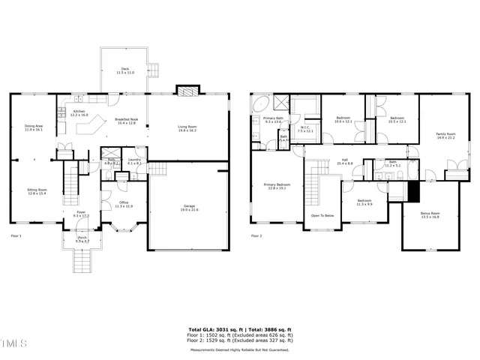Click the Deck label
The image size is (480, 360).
point(124,70)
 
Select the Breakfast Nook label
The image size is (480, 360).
point(126,121)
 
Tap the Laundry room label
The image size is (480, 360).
point(134,161)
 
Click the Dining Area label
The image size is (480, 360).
point(34,127)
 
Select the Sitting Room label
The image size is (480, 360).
point(37,192)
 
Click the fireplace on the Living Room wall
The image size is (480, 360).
point(186,91)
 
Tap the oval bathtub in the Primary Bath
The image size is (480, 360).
point(262,104)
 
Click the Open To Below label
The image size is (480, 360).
point(323,215)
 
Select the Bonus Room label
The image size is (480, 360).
point(430,214)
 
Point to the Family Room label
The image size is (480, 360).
point(445,136)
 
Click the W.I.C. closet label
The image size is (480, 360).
point(305,129)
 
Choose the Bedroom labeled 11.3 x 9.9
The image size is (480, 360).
point(364,202)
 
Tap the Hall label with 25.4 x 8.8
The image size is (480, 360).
point(345,161)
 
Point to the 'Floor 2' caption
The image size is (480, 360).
point(256,236)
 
